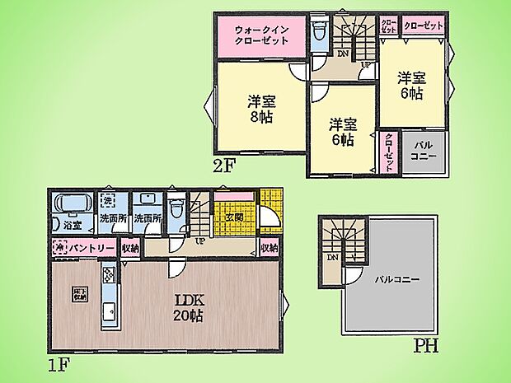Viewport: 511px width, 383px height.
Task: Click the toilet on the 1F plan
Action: [174, 207]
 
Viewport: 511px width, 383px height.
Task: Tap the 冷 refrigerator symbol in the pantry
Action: [60, 247]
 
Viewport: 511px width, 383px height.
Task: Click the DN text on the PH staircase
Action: [333, 258]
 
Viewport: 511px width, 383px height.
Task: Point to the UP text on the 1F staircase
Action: [200, 241]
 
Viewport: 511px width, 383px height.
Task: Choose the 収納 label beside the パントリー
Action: [130, 247]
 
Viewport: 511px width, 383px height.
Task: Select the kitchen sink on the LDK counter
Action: [109, 311]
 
